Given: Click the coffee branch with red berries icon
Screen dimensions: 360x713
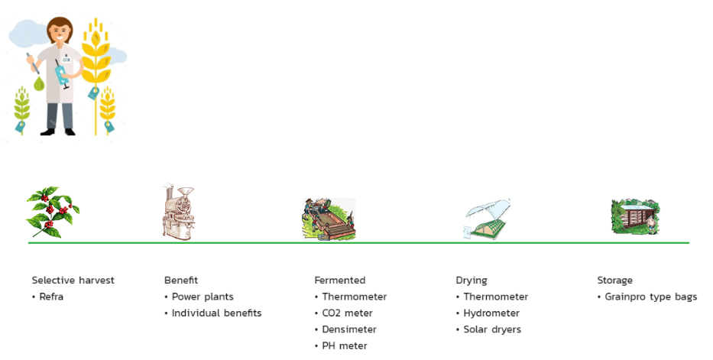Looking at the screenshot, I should pos(53,212).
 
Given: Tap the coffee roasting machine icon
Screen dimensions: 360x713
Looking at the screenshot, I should pos(180,212).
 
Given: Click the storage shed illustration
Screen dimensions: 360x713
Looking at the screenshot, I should pos(634,216).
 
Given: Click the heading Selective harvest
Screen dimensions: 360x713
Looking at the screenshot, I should pos(73,281).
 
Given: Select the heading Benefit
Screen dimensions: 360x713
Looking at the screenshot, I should pos(181,281).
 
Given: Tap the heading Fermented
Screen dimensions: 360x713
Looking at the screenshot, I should pos(340,281).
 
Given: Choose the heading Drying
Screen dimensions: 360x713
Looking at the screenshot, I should pos(472,281).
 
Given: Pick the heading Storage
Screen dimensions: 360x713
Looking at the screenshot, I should pos(615,281).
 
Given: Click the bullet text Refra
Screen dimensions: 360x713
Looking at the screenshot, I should pos(51,297).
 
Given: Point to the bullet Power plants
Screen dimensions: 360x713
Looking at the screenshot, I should pos(203,297).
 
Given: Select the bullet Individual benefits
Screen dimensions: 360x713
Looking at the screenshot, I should pos(216,313).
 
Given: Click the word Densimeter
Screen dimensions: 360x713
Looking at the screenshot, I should pos(349,329).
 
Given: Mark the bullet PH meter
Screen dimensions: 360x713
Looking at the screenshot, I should pos(345,346).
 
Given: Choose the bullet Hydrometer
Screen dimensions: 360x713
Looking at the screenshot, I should pos(491,313).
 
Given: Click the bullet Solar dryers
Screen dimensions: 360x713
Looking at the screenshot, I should pos(492,329).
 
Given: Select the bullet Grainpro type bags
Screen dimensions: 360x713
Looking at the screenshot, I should pos(650,297).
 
